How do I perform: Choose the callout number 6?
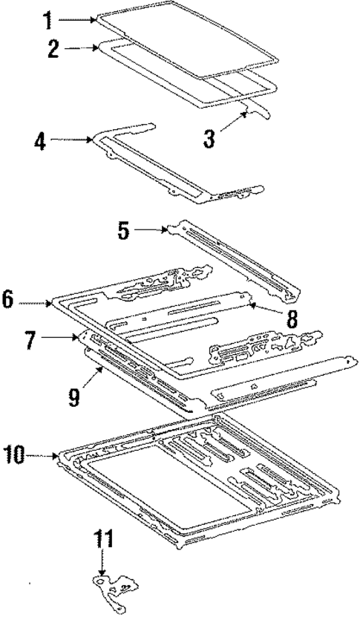point(7,301)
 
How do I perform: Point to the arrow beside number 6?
point(33,301)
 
